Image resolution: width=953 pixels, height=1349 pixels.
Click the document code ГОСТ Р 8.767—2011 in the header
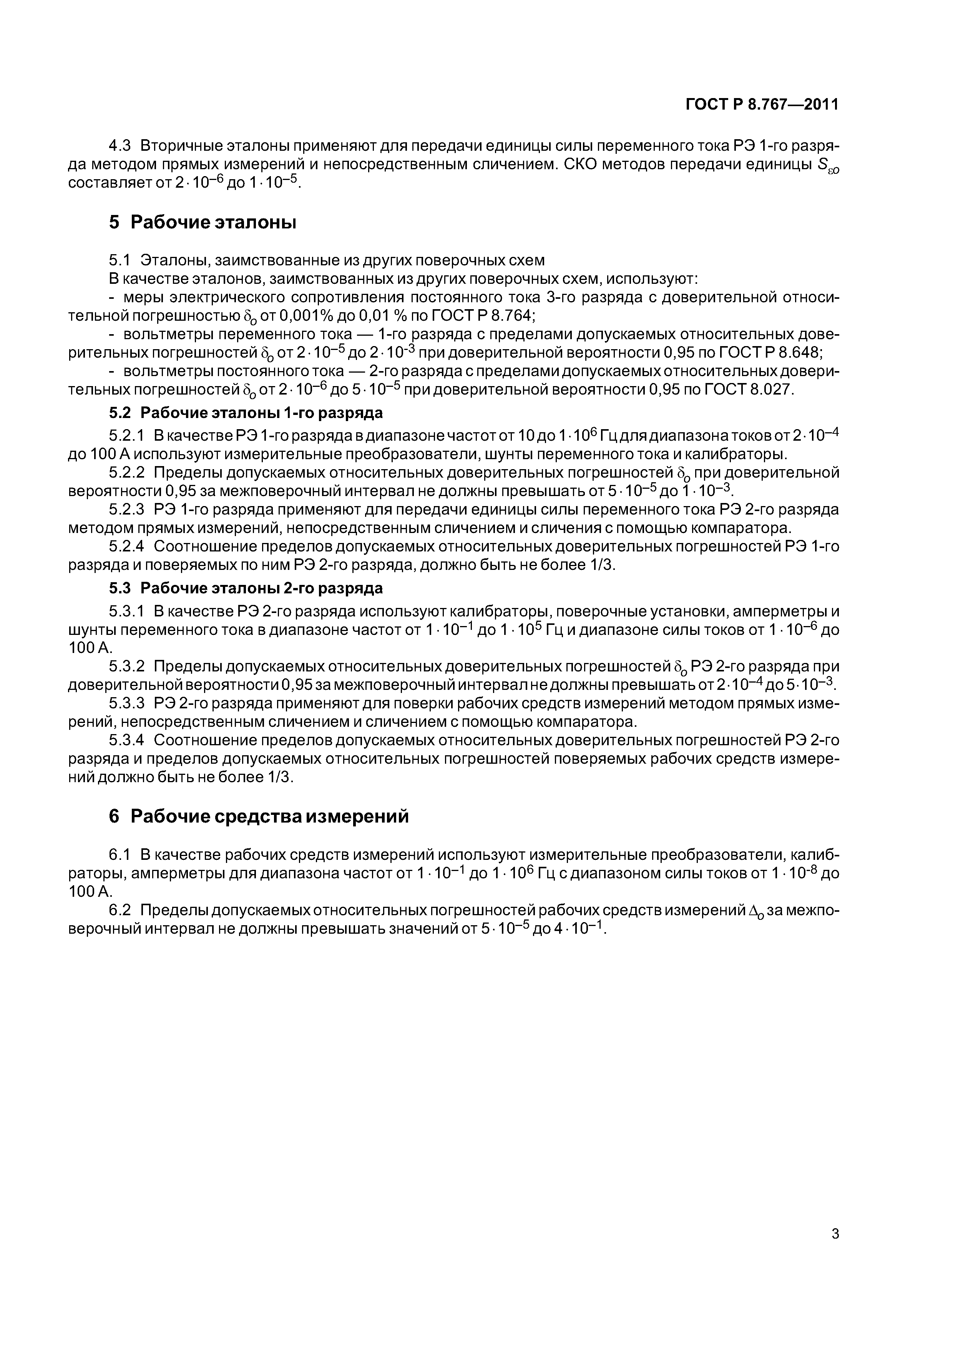(x=762, y=105)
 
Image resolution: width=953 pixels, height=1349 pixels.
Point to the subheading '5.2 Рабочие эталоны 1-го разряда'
(x=246, y=413)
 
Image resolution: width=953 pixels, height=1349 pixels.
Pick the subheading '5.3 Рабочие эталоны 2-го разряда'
(x=246, y=588)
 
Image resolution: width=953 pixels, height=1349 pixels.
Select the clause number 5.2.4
(x=126, y=546)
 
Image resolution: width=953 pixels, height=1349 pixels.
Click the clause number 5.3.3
(x=126, y=703)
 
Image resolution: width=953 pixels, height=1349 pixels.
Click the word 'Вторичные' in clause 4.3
(x=184, y=146)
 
